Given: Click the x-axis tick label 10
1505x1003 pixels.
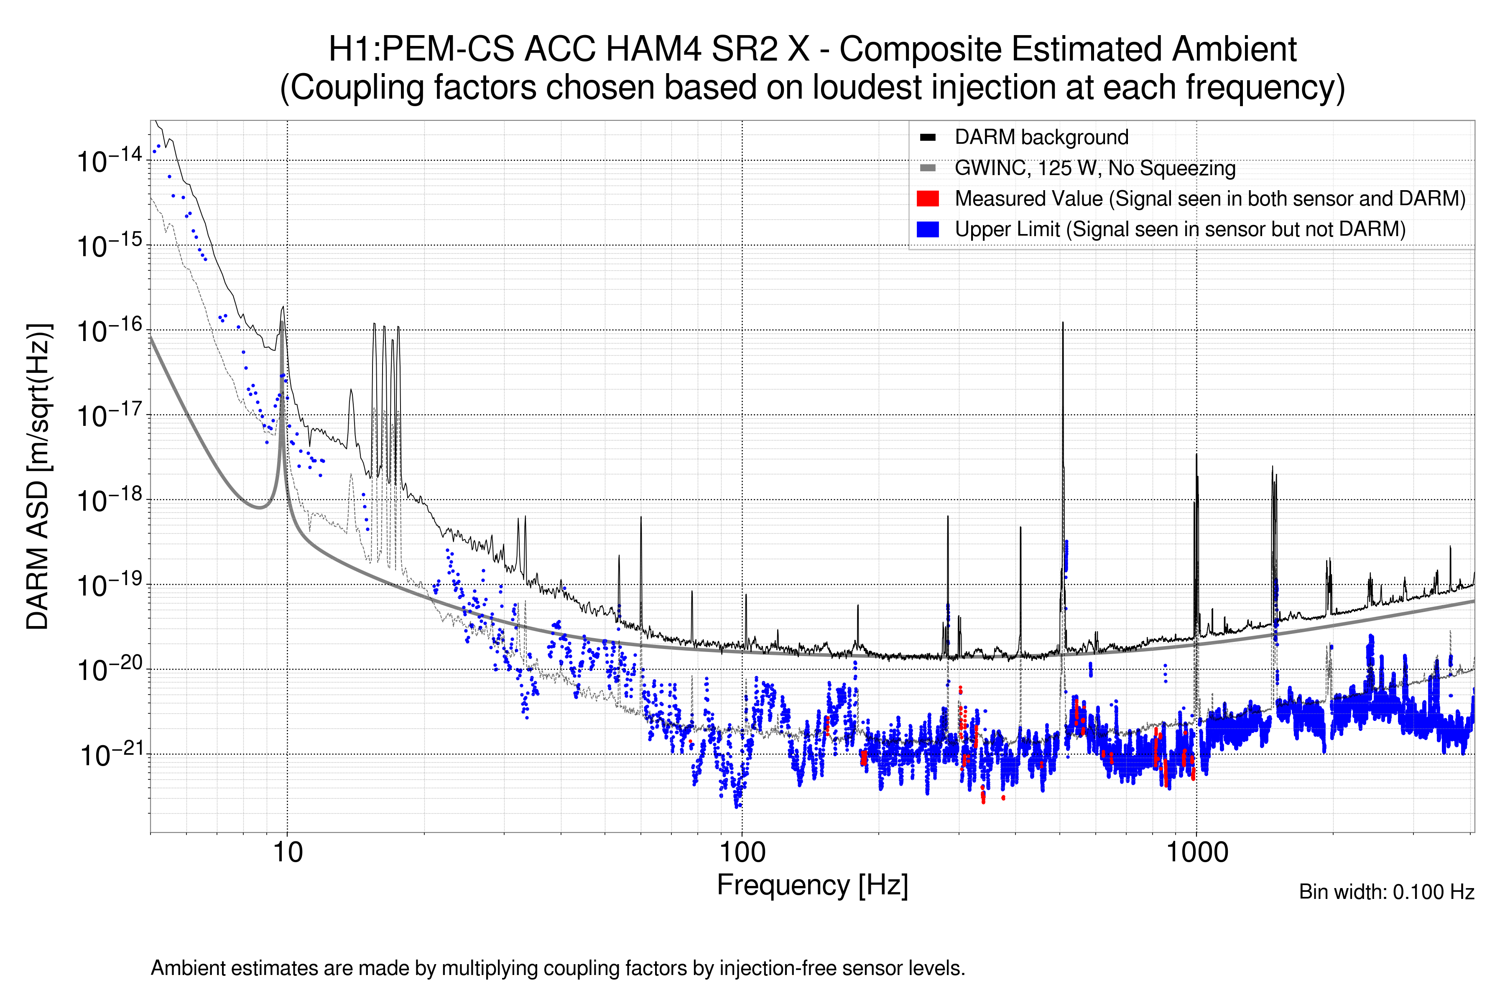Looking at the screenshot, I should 287,853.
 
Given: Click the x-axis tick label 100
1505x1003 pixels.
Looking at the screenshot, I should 742,853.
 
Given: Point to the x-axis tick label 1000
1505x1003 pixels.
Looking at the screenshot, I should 1196,853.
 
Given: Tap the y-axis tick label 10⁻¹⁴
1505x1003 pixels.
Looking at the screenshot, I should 109,160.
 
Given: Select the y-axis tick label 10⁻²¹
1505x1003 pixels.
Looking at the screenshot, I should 110,755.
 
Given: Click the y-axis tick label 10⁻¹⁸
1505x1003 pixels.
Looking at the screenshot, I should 109,500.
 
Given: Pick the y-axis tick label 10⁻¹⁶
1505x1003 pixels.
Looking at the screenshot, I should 109,331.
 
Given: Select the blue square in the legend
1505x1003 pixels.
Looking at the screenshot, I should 927,229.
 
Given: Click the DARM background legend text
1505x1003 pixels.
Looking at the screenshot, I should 1041,137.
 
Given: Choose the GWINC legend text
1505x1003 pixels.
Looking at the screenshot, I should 1094,168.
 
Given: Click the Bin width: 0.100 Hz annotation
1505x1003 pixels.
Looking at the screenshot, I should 1386,892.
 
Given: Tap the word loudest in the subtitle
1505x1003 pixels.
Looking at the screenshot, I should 868,88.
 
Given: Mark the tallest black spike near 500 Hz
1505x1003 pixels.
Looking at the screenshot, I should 1063,323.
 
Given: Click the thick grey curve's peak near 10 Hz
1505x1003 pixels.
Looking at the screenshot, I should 282,323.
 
